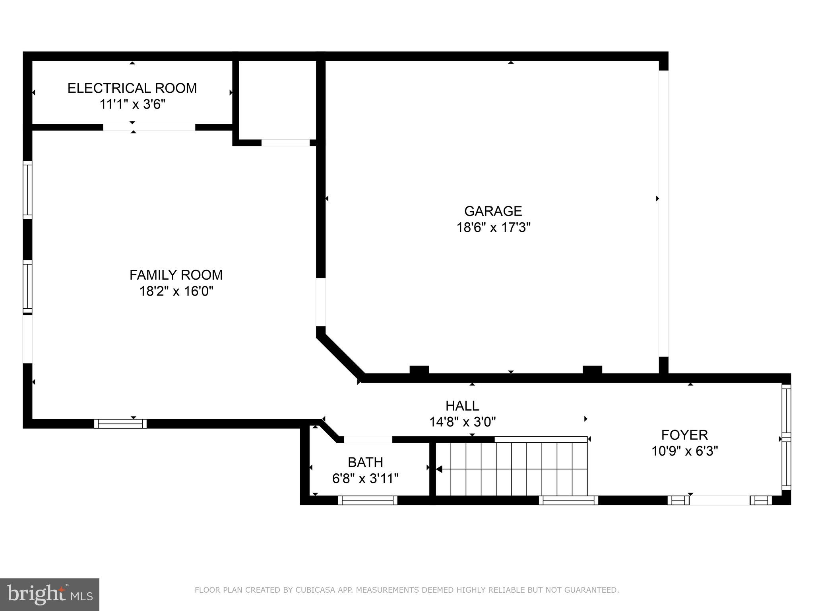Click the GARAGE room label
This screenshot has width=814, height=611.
[493, 211]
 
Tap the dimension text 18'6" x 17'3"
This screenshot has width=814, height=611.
[493, 228]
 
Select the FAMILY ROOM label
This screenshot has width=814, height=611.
[176, 275]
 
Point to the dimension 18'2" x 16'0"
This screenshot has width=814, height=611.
[176, 291]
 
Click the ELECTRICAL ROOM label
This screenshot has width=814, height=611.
[132, 88]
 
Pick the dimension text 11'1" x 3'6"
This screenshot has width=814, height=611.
[132, 104]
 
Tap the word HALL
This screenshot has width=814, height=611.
[462, 406]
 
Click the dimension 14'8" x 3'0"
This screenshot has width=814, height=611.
[462, 422]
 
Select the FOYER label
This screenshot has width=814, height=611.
[684, 435]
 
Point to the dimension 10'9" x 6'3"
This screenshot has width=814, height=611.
[684, 451]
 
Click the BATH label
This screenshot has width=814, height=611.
[365, 462]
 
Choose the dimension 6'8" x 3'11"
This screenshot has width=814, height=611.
[365, 478]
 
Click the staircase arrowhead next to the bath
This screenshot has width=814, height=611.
[439, 469]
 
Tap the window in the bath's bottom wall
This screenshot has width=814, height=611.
[368, 500]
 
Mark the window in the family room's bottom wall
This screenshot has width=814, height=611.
[120, 424]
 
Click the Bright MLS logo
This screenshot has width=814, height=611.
[50, 594]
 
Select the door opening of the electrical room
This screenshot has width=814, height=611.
[149, 127]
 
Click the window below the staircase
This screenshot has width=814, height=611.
[568, 500]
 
